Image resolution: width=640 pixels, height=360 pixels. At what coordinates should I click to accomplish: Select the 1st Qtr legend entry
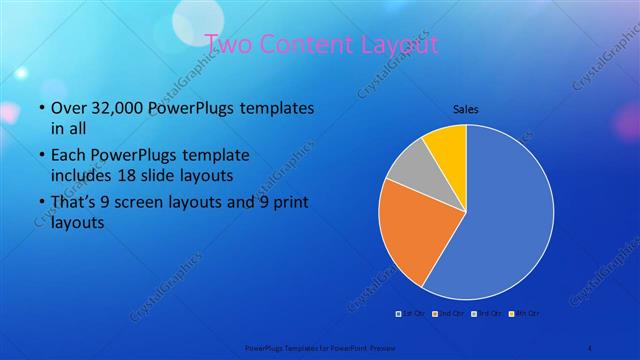click(411, 314)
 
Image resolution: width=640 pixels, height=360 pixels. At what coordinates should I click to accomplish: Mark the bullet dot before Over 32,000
click(39, 108)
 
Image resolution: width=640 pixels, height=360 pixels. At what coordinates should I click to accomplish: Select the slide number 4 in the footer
click(589, 348)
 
